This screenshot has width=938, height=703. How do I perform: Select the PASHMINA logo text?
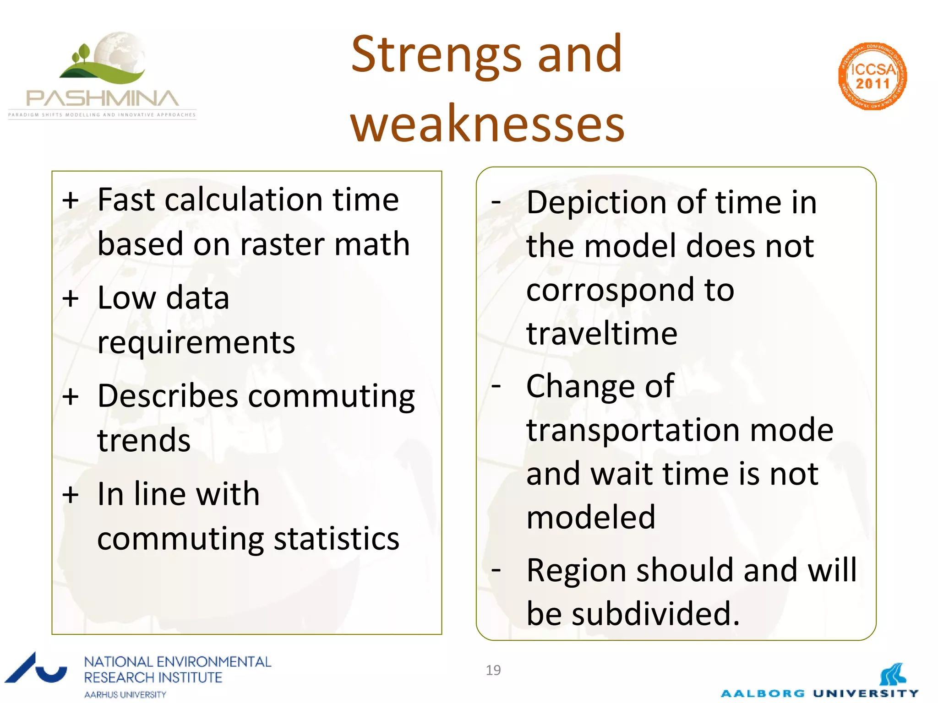click(102, 98)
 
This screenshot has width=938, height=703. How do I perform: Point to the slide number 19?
click(493, 670)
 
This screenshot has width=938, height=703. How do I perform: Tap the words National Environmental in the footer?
click(178, 662)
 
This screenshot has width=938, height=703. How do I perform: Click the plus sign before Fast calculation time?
click(71, 200)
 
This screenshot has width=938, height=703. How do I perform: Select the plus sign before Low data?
click(71, 299)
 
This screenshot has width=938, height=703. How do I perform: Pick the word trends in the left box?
click(144, 441)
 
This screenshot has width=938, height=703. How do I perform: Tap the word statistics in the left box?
click(337, 539)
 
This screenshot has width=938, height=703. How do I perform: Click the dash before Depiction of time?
click(496, 201)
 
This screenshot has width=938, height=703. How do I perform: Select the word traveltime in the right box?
click(601, 333)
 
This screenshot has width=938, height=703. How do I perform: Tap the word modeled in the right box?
click(591, 517)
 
